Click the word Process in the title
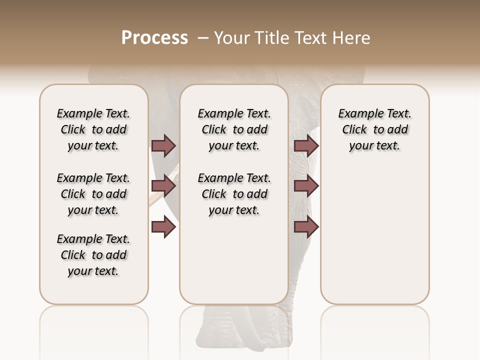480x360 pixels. (154, 38)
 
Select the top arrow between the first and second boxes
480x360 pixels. (163, 145)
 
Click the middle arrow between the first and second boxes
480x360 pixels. (163, 186)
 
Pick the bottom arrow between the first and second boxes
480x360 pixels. (163, 227)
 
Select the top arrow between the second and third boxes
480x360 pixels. (306, 145)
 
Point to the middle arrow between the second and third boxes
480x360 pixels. (306, 186)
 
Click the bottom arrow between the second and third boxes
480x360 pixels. (306, 227)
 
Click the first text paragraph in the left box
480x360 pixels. (93, 129)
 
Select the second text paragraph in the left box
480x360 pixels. (93, 194)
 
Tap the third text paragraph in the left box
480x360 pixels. (93, 255)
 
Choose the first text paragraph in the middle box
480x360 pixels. (234, 129)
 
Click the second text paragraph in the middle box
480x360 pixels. (234, 194)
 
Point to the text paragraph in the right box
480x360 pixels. (374, 129)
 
